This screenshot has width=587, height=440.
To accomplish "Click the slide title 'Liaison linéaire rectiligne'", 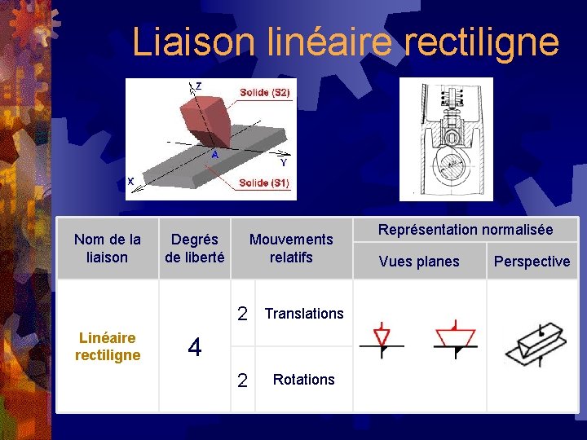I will click(345, 42).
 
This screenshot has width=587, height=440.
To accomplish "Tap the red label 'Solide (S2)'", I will click(264, 93).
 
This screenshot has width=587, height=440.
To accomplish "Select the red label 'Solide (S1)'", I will click(264, 183).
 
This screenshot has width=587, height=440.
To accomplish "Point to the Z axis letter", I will click(198, 86).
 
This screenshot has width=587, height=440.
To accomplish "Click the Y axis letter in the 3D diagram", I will click(283, 162).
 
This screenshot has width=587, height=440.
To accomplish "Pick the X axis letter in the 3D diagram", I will click(130, 180).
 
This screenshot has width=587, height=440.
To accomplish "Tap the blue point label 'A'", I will click(214, 154).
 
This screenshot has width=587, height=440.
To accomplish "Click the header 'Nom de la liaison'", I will click(107, 249).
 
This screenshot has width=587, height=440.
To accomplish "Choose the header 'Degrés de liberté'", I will click(194, 249).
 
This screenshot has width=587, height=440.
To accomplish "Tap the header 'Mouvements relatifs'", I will click(291, 249).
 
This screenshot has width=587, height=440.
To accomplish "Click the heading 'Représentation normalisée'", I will click(464, 230).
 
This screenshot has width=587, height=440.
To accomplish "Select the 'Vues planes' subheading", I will click(419, 262).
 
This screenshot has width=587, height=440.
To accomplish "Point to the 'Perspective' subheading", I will click(532, 262).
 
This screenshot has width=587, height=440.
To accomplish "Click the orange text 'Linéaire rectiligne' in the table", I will click(107, 346).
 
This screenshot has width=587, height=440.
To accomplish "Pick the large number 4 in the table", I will click(194, 347).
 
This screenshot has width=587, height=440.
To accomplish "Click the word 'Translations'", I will click(304, 314).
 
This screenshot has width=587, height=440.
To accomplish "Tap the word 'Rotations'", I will click(303, 380).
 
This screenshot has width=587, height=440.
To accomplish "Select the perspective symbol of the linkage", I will click(535, 344).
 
